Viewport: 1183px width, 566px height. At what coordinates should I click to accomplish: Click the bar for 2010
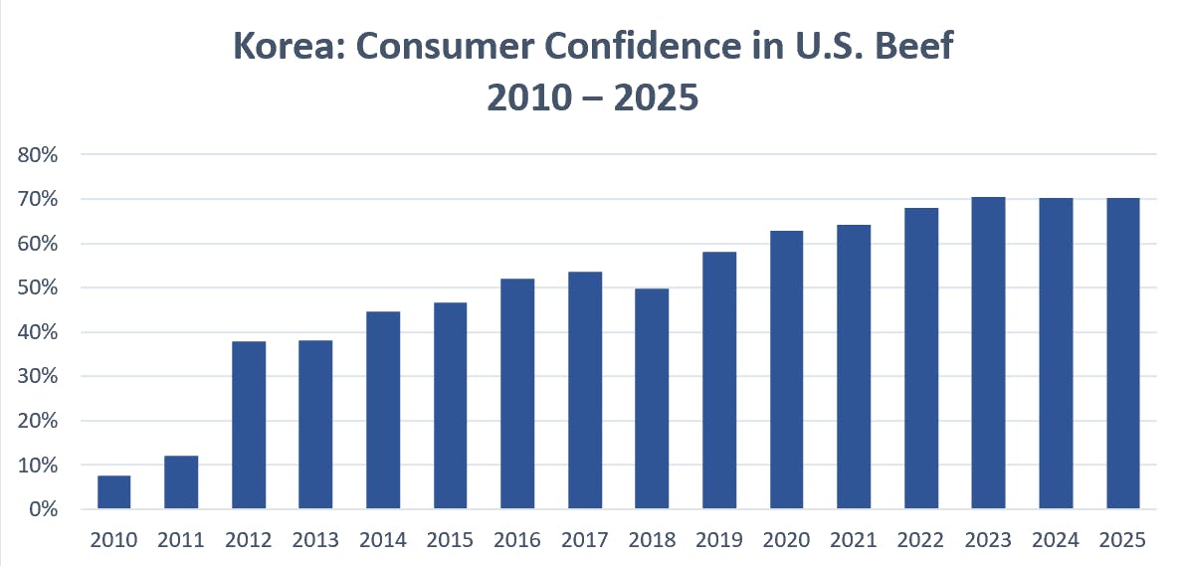coord(113,492)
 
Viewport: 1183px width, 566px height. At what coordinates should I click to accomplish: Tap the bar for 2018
coord(652,399)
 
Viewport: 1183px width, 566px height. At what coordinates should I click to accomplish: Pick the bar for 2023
coord(988,353)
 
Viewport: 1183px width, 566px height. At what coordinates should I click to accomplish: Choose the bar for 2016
coord(517,394)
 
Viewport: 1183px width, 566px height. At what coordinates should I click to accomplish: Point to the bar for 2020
coord(786,370)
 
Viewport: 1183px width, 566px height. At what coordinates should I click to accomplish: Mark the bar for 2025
coord(1122,353)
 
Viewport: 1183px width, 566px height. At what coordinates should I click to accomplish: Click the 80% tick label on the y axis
coord(38,155)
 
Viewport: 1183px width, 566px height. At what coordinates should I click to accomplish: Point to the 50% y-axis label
coord(38,288)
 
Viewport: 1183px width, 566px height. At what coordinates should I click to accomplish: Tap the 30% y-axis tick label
coord(38,377)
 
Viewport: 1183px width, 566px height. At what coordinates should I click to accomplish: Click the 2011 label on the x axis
coord(181,540)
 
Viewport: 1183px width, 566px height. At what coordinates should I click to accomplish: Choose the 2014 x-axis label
coord(383,540)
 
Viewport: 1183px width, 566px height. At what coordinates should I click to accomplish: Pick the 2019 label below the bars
coord(719,540)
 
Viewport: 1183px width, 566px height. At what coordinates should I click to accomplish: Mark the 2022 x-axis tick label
coord(920,540)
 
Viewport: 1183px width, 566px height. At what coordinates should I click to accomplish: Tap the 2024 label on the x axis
coord(1056,540)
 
